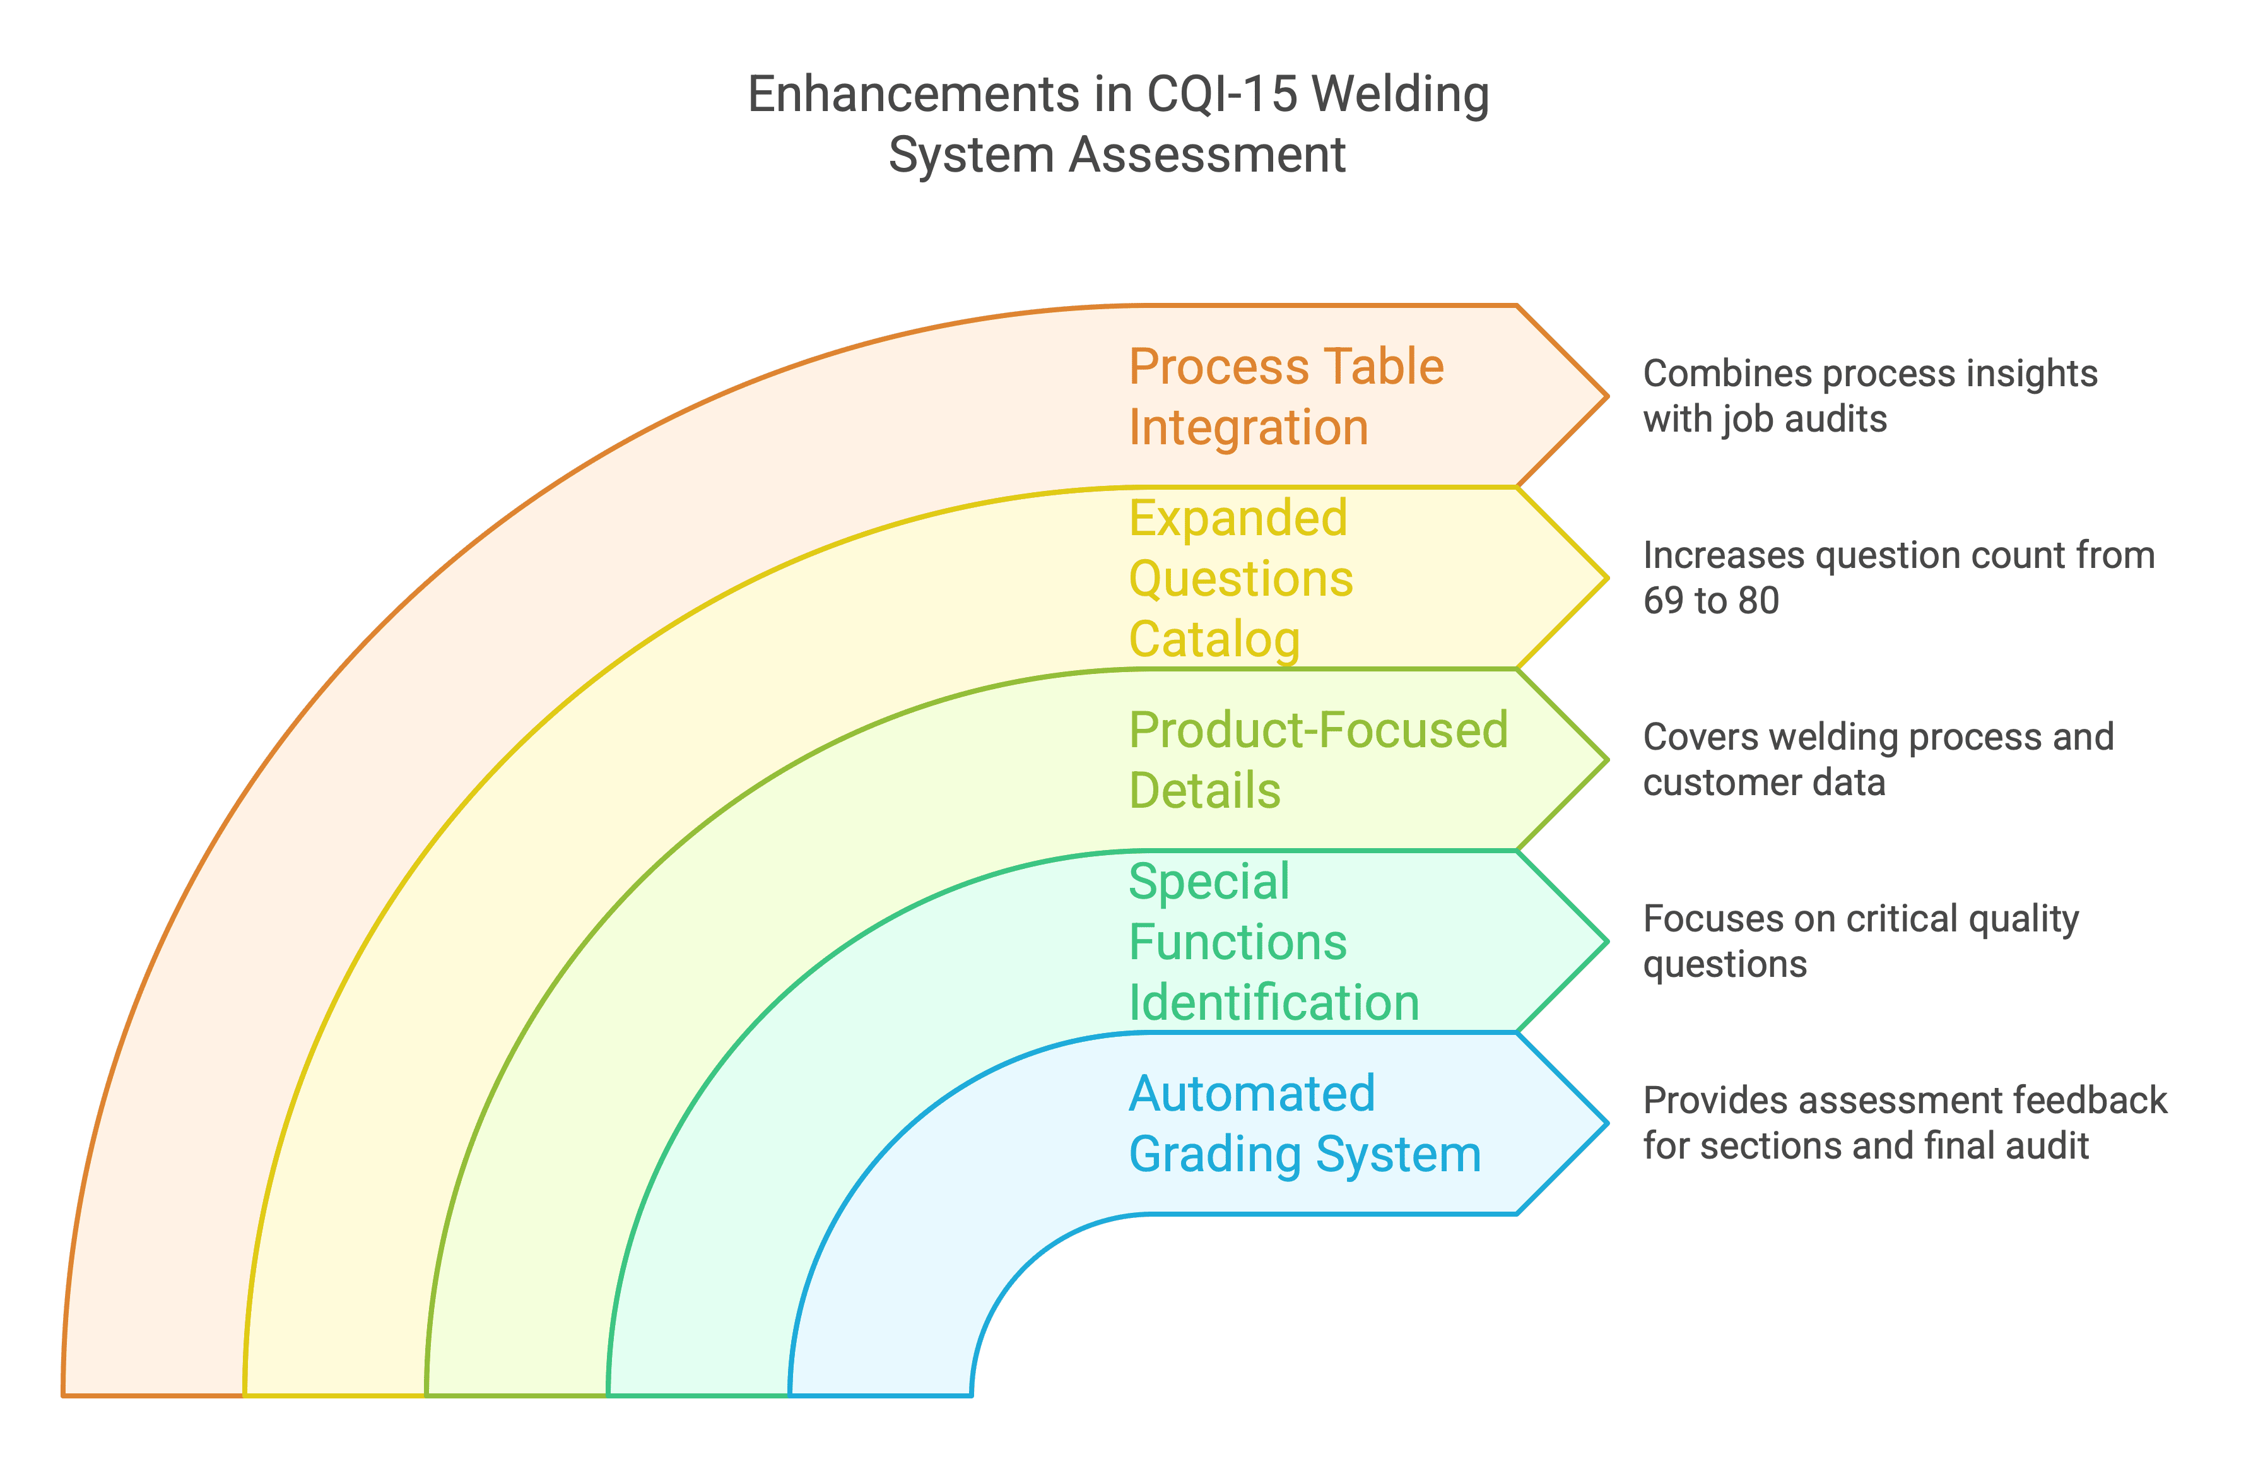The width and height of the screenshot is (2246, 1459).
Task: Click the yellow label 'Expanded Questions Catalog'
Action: (x=1241, y=579)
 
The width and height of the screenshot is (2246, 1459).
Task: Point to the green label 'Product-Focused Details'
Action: (x=1319, y=760)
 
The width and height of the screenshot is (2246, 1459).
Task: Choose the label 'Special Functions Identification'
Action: (x=1274, y=942)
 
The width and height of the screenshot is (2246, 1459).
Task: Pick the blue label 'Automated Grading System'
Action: (x=1305, y=1124)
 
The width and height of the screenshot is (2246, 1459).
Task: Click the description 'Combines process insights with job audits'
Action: (x=1869, y=396)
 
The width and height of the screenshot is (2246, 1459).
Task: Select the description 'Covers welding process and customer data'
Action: (x=1878, y=760)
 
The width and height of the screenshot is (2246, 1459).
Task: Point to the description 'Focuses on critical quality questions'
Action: (x=1861, y=942)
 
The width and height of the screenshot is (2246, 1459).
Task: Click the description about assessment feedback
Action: (x=1905, y=1124)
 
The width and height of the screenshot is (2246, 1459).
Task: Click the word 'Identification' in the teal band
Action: (x=1274, y=1002)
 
